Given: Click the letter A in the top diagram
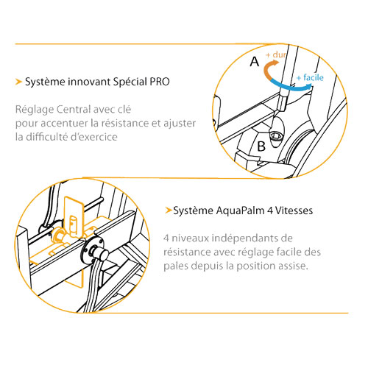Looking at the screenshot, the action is [255, 62].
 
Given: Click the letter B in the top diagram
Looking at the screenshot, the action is [261, 146].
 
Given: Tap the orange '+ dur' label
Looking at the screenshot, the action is [276, 54].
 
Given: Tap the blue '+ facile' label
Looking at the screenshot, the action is [310, 77].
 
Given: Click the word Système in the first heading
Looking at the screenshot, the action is [45, 82].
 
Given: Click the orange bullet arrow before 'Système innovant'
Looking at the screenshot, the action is [18, 82].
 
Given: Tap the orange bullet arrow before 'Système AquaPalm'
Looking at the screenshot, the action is [169, 210].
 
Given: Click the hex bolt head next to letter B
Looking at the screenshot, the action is [275, 135].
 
